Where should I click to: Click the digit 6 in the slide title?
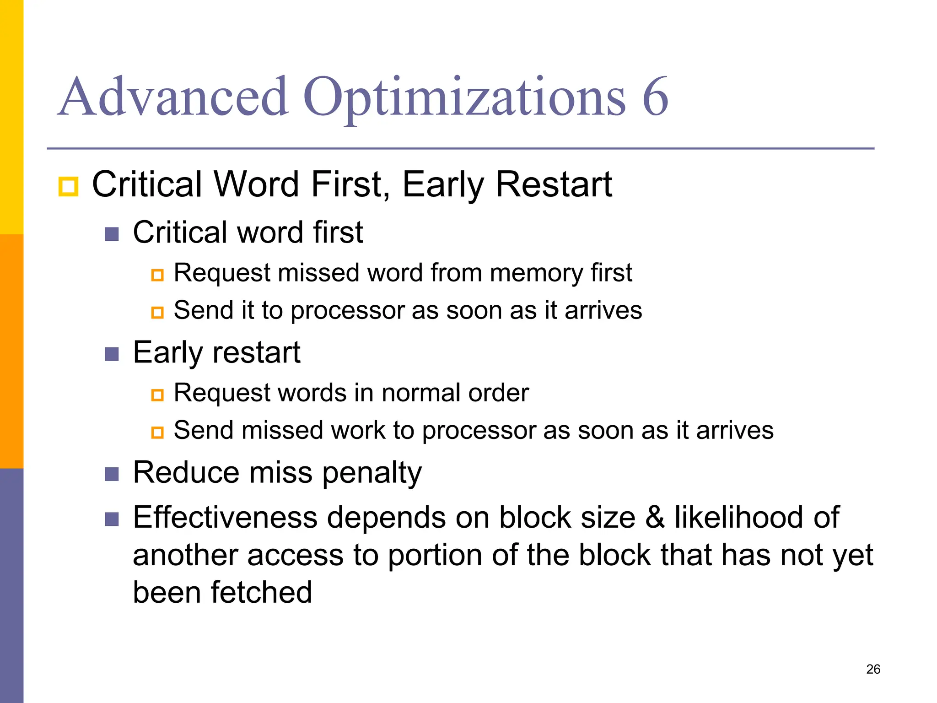[x=655, y=97]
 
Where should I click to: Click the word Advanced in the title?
[x=173, y=97]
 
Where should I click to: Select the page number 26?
[x=873, y=669]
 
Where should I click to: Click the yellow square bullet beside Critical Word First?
[x=69, y=187]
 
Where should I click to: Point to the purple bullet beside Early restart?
[x=112, y=354]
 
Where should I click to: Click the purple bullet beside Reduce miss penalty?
[x=112, y=474]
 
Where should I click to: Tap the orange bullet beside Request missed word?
[x=157, y=275]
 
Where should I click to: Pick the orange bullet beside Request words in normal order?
[x=157, y=395]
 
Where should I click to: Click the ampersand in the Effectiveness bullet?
[x=655, y=518]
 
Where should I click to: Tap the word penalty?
[x=372, y=473]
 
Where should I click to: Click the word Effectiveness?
[x=225, y=518]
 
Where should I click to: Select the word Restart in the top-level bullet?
[x=554, y=184]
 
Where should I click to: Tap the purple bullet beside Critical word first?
[x=112, y=234]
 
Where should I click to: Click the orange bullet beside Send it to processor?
[x=157, y=313]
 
